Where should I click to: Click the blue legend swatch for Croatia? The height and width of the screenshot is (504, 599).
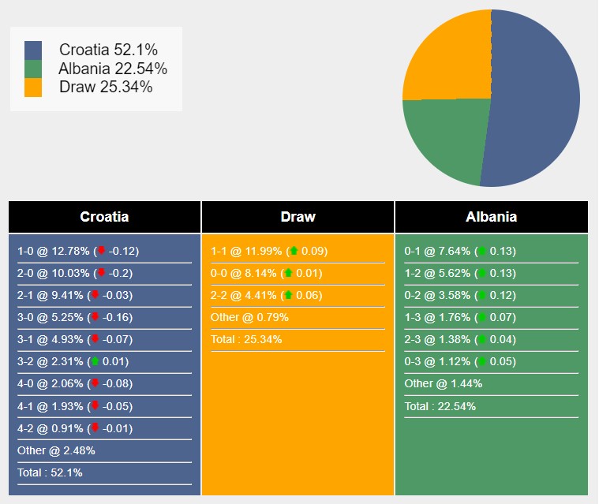pyautogui.click(x=33, y=50)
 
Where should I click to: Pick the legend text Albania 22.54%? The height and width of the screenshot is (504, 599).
pyautogui.click(x=113, y=69)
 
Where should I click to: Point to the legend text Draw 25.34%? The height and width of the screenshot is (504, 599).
pyautogui.click(x=106, y=87)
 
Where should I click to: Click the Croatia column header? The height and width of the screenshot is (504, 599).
pyautogui.click(x=104, y=217)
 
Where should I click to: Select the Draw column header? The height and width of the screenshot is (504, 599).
pyautogui.click(x=298, y=217)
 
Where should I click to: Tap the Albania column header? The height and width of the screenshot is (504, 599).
pyautogui.click(x=491, y=217)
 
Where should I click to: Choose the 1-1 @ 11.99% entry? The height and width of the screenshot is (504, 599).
pyautogui.click(x=268, y=252)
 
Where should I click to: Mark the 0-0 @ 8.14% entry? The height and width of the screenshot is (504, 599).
pyautogui.click(x=268, y=274)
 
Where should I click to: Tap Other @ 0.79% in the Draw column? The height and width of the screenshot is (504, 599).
pyautogui.click(x=249, y=318)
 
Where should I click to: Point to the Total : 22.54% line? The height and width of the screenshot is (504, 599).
pyautogui.click(x=440, y=407)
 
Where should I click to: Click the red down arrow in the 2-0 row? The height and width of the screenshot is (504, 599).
pyautogui.click(x=100, y=274)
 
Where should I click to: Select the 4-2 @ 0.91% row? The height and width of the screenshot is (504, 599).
pyautogui.click(x=75, y=429)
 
